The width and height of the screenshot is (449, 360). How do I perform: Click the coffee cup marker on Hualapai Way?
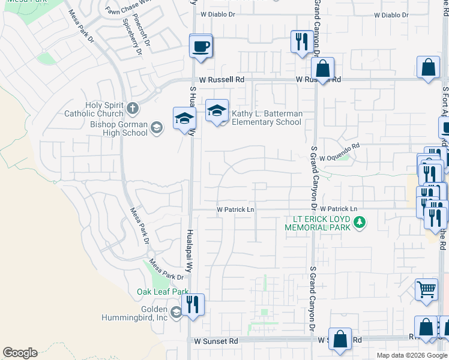tap(201, 46)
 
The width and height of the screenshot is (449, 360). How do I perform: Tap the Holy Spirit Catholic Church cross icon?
tap(133, 109)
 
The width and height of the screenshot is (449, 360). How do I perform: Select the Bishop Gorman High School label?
tap(118, 128)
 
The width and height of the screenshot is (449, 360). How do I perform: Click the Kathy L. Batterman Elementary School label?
tap(267, 118)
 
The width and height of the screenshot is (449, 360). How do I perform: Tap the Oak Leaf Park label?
tap(163, 292)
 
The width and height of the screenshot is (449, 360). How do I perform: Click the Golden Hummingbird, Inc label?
tap(136, 312)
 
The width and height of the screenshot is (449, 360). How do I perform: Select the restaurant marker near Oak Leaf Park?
tap(193, 305)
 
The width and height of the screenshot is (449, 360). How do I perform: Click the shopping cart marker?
tap(427, 290)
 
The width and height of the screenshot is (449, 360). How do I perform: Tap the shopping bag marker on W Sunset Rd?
tap(340, 339)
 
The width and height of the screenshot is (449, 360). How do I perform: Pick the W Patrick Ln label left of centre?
tap(235, 209)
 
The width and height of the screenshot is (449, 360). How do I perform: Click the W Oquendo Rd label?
tap(339, 146)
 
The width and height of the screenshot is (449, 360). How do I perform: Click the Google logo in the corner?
tap(20, 353)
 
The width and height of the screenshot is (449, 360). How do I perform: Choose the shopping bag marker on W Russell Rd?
tap(323, 70)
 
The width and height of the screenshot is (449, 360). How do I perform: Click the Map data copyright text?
tap(412, 355)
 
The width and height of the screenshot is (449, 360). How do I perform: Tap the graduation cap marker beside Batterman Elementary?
tap(217, 112)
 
